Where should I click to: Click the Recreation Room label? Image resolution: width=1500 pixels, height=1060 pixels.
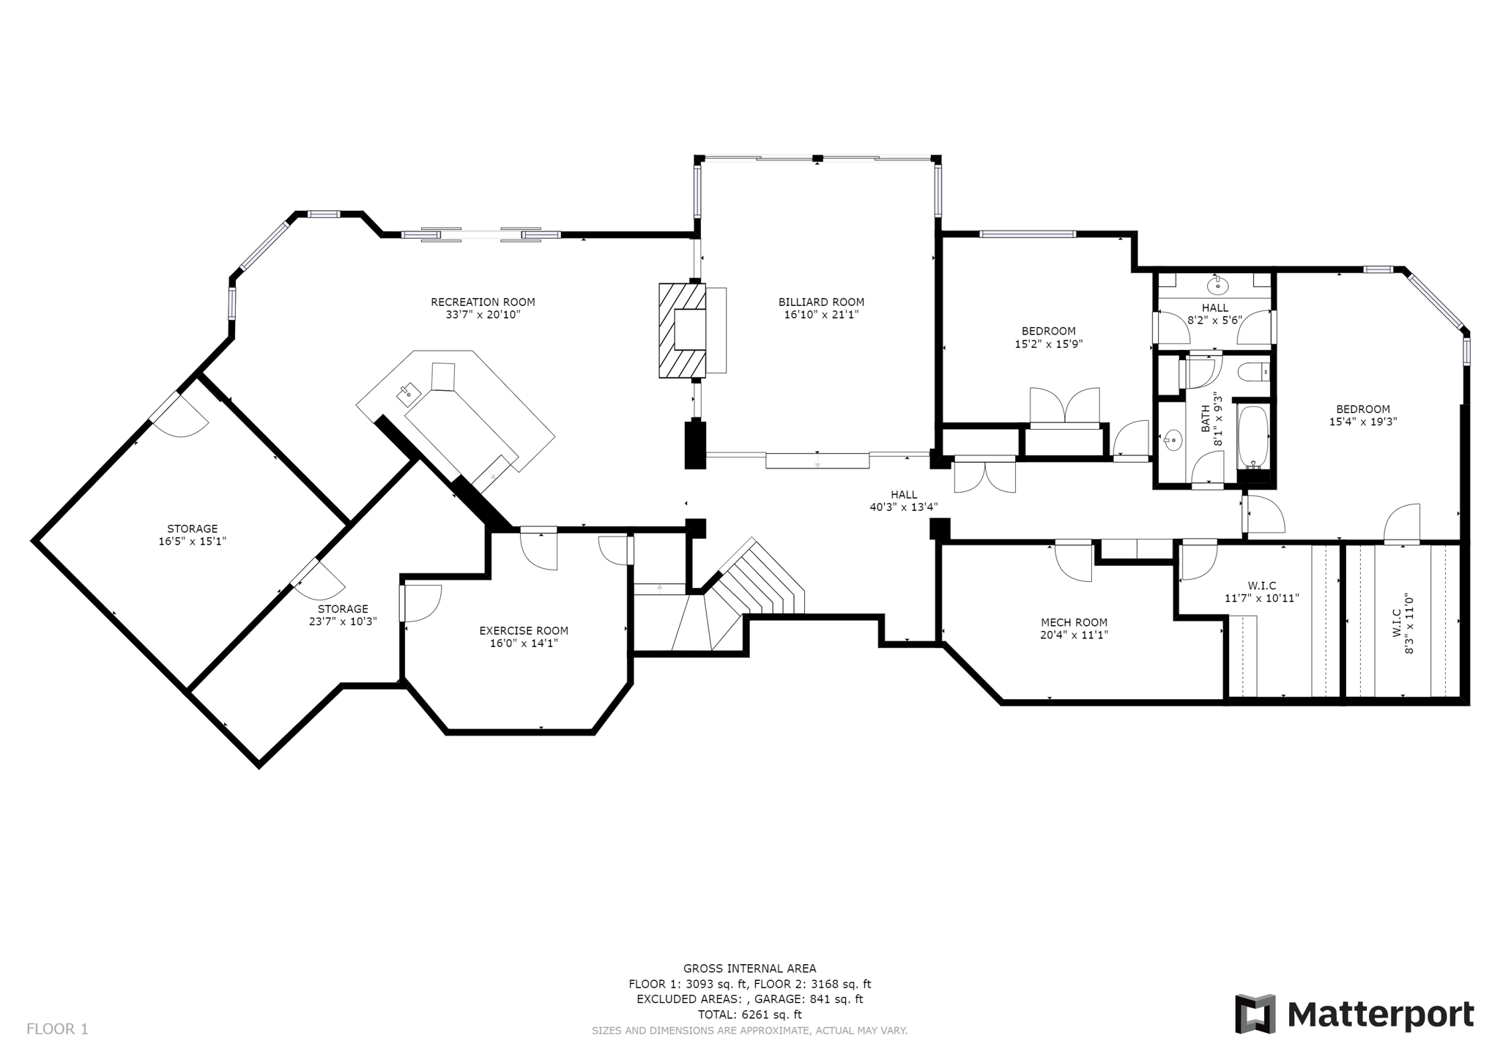483,302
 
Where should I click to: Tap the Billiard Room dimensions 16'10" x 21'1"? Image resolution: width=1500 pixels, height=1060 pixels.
821,315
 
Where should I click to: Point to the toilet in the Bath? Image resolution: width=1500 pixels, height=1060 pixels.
1255,373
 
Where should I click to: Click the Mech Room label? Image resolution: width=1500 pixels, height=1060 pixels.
1074,622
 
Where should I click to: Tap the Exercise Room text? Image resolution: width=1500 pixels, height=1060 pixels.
524,630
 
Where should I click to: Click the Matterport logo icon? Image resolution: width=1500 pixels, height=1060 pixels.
1255,1014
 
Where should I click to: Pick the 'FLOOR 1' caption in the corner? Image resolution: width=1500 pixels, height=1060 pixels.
57,1029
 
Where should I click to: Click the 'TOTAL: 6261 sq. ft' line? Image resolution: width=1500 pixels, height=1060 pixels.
749,1015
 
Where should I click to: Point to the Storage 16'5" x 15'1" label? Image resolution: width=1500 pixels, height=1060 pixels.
193,535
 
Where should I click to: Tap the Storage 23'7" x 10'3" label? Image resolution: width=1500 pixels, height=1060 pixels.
343,615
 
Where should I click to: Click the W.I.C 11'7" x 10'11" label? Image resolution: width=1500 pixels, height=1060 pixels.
1261,591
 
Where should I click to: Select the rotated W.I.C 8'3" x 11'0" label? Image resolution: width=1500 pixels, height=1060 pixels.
1402,624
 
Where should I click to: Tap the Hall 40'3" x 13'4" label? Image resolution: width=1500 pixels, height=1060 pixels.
903,500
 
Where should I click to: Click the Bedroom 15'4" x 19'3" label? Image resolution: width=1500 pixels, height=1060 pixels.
1362,415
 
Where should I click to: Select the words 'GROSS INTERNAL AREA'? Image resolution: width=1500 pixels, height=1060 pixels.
749,968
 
